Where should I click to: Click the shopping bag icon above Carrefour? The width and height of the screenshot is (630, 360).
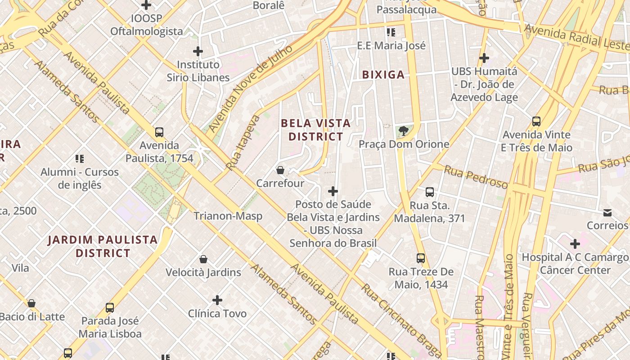point(280,170)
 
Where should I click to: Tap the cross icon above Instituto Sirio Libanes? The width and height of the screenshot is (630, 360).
point(198,51)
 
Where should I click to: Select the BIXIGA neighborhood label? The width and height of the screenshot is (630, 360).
point(383,75)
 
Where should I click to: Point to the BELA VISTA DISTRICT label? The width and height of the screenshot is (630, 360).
point(315,130)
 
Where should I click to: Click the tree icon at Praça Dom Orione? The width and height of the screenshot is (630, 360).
point(404,131)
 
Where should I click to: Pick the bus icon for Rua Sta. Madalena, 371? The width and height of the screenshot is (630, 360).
point(430,192)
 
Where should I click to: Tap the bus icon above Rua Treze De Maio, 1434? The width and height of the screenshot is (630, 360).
point(421,258)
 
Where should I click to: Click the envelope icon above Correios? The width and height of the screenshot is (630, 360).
point(607,212)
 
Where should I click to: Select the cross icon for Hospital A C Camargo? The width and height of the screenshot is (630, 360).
point(575,244)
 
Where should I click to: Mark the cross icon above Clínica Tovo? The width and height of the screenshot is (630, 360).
point(217,300)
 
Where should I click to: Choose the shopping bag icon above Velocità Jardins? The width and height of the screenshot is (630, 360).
point(203,259)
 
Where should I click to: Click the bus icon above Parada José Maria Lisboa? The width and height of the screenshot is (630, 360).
point(110,308)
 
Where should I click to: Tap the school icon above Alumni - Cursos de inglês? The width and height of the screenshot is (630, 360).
point(80,158)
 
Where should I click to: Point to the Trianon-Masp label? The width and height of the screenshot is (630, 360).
point(228,216)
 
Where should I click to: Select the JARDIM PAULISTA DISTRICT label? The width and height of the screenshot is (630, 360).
point(103,246)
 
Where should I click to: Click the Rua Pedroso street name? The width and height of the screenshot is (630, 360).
point(476,177)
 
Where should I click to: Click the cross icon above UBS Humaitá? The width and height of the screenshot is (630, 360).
point(484,58)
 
